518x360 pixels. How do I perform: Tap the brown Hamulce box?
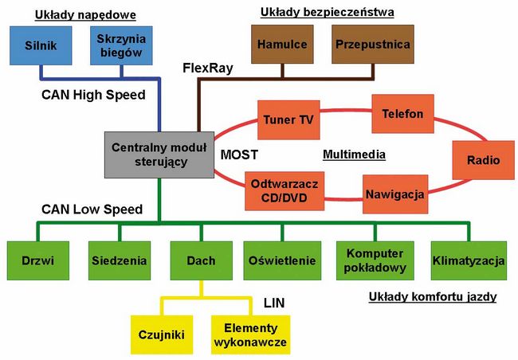(x=284, y=45)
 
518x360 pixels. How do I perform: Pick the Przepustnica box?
(x=372, y=45)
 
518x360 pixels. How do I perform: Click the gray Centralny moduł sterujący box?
(x=159, y=155)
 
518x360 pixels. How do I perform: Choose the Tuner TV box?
(x=288, y=120)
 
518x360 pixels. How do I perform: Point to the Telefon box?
(x=402, y=114)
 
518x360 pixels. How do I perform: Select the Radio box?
(x=477, y=159)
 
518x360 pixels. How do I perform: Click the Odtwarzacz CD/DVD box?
(x=284, y=190)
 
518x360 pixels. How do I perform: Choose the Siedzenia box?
(x=118, y=260)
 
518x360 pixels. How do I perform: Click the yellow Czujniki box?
(x=162, y=335)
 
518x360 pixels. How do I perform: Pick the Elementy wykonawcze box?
(x=249, y=335)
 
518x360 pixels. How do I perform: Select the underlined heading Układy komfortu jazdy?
(x=433, y=297)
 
